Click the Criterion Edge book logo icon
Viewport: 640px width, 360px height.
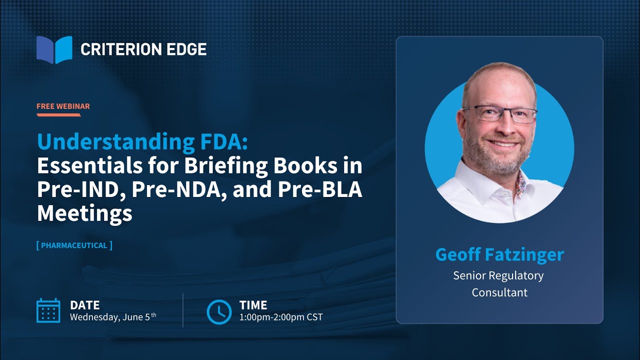[x=54, y=49]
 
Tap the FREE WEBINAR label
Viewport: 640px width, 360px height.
[x=63, y=106]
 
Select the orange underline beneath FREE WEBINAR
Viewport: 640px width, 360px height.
[x=58, y=115]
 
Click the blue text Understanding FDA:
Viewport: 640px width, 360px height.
[x=142, y=142]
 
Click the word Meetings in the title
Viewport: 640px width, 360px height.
[x=84, y=213]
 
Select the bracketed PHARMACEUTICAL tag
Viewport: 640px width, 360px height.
[x=74, y=245]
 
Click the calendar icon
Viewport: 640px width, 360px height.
[x=48, y=310]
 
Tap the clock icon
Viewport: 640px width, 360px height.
[x=219, y=311]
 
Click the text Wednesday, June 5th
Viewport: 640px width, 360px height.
[x=112, y=317]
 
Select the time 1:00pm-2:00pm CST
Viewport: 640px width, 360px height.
[x=281, y=317]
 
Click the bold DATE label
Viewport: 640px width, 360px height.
[x=84, y=305]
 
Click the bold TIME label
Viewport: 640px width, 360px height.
[x=253, y=305]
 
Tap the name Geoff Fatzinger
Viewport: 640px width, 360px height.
[x=499, y=254]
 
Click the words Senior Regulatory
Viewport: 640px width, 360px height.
[x=498, y=275]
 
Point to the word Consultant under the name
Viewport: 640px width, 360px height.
[x=499, y=292]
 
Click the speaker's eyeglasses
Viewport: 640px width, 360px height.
[x=499, y=114]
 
